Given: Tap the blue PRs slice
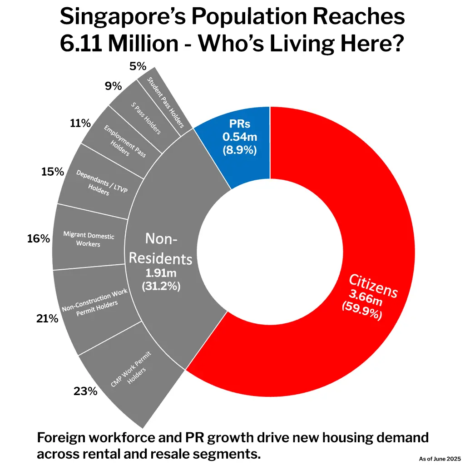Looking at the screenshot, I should tap(239, 138).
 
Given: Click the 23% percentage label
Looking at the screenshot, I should tap(86, 391).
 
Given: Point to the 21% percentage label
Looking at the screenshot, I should tap(47, 319).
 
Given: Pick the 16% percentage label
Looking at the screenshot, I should tap(38, 238).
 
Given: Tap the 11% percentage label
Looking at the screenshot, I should tap(80, 123).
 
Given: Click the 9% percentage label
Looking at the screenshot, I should tap(113, 86).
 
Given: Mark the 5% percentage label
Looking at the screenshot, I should tap(138, 67).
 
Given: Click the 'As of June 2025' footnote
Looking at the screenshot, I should tap(440, 459).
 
